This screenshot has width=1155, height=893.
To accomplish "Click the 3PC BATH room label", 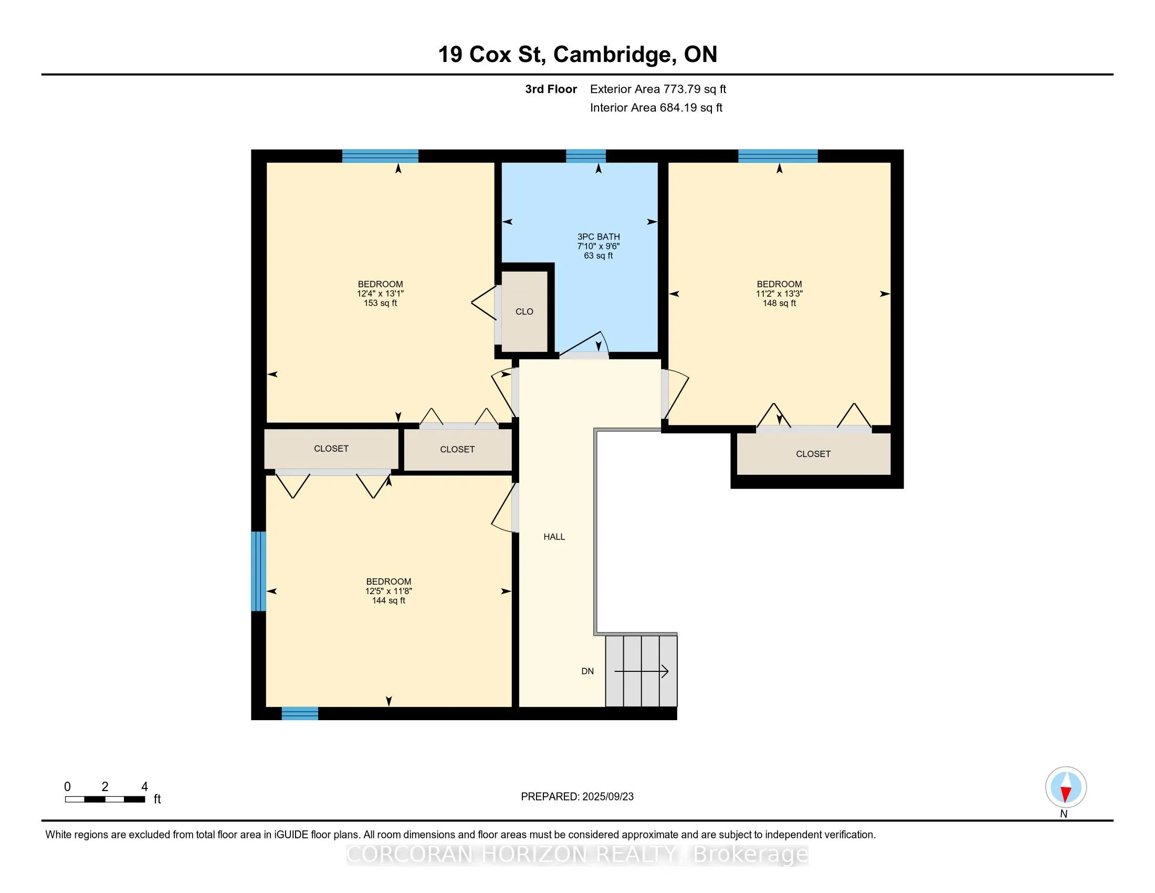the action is (598, 237).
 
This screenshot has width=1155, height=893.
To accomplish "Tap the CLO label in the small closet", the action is (524, 311).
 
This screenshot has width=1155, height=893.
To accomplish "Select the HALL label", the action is (554, 536).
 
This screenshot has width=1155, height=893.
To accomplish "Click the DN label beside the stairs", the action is (587, 671).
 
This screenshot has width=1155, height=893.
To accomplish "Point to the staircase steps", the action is (641, 671).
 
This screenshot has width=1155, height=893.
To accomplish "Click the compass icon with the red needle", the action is (1066, 787).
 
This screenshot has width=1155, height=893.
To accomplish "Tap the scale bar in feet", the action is (105, 799).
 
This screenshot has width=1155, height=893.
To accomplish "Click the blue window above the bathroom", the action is (586, 155).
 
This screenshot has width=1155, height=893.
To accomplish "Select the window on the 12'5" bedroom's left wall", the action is (258, 571).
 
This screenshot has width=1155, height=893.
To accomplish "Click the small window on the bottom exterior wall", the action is (300, 713).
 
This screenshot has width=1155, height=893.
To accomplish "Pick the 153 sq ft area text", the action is (380, 303).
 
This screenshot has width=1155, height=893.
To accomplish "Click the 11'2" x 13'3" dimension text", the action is (779, 294).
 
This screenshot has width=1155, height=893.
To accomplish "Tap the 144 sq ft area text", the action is (388, 600).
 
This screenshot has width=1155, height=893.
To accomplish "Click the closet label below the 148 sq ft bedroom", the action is (813, 454).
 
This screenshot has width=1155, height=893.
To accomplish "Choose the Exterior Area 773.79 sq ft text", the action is (658, 89).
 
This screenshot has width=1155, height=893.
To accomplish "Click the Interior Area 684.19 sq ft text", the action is (656, 107).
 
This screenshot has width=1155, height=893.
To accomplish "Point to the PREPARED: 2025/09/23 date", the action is (577, 796).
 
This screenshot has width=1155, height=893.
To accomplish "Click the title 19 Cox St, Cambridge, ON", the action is (577, 54).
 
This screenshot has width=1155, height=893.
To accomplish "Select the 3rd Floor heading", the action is (551, 89).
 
